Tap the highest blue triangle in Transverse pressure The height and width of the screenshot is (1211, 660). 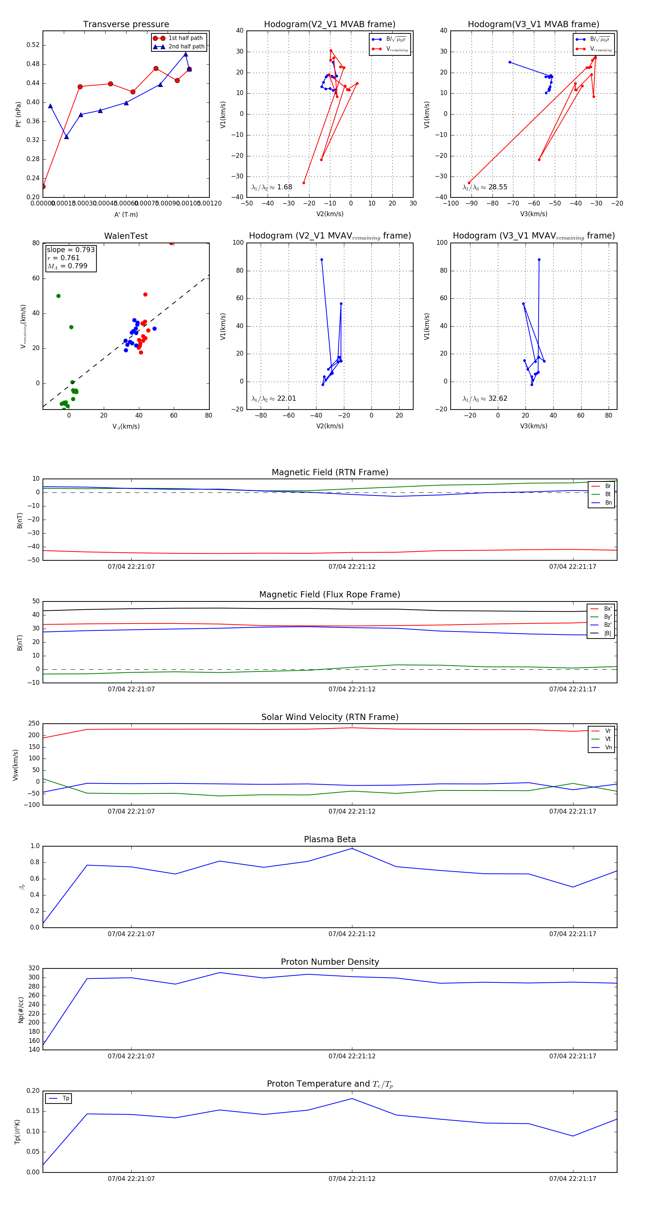pos(186,54)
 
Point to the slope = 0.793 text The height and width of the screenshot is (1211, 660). pos(70,250)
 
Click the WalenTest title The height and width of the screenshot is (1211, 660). pos(126,236)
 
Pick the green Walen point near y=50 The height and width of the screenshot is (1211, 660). pos(58,296)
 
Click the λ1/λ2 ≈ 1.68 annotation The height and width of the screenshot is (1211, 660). pos(271,187)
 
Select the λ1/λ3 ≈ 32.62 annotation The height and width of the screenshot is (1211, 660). pos(485,399)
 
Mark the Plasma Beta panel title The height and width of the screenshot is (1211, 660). pos(330,839)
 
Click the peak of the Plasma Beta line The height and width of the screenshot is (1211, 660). pos(352,848)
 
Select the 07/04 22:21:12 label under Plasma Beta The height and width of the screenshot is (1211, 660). pos(352,934)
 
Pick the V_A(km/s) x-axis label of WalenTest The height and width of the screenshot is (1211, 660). pos(126,426)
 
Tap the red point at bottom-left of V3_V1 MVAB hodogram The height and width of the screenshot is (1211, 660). pos(469,183)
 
